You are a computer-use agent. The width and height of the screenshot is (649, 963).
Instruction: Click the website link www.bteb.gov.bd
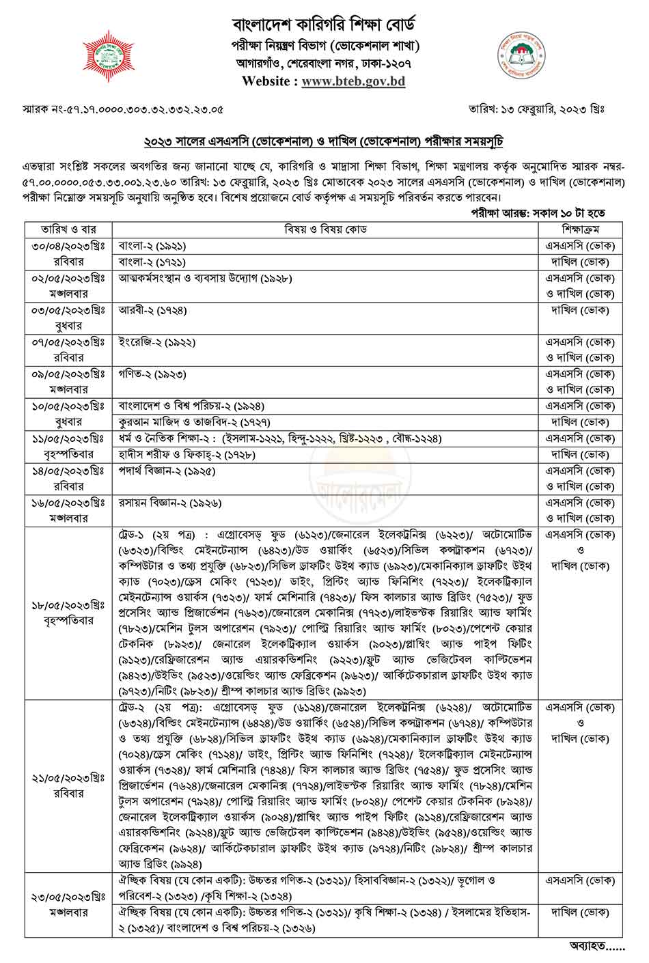tap(353, 81)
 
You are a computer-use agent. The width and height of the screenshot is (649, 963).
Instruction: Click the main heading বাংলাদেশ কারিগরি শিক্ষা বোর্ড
tap(324, 25)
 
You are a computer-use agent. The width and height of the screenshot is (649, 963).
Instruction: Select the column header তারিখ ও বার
tap(68, 229)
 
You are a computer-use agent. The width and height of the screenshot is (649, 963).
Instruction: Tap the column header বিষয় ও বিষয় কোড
tap(325, 229)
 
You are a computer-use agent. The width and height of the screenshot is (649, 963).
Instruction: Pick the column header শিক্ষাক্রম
tap(581, 229)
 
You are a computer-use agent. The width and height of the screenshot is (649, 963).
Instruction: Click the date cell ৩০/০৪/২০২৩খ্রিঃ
tap(68, 246)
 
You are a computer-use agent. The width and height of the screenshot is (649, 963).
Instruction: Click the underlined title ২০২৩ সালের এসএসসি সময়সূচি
tap(323, 141)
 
